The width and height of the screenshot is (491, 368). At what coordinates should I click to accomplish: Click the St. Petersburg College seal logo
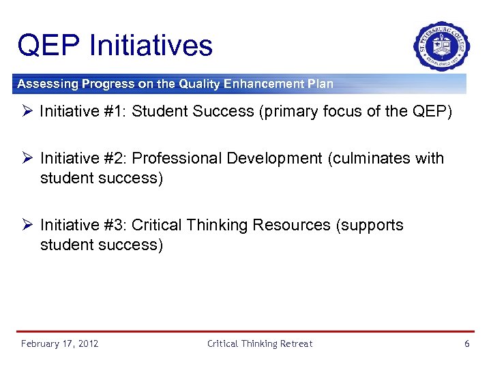pos(441,46)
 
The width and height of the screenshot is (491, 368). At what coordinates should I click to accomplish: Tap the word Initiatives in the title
pos(151,46)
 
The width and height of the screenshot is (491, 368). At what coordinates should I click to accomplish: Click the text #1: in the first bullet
pos(112,112)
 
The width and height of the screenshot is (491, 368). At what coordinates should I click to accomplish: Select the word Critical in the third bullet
pos(157,226)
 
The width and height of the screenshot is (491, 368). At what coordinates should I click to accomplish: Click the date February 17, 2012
pos(59,343)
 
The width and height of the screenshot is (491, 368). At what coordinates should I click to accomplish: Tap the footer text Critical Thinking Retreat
pos(260,343)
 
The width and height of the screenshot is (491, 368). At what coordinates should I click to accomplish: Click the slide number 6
pos(467,343)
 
